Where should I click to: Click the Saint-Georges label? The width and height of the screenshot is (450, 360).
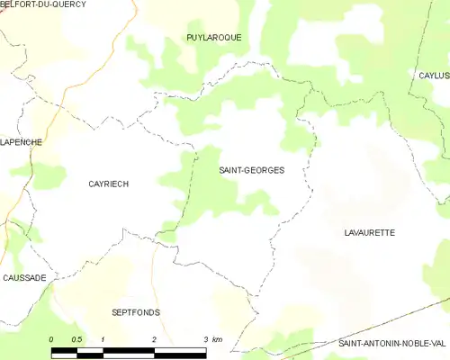coord(252,169)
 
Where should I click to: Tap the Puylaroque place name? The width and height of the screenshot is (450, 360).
coord(213,37)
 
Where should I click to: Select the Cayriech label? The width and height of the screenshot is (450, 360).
coord(108,184)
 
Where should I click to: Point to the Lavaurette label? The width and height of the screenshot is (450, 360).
coord(369,232)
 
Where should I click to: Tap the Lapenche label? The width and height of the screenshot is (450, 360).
coord(21,142)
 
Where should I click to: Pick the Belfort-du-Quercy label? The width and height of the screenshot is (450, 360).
coord(43,4)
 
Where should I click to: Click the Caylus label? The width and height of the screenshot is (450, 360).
coord(434,76)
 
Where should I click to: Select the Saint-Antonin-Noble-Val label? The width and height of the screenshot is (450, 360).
coord(391,344)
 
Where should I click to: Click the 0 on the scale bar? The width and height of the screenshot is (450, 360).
coord(51,339)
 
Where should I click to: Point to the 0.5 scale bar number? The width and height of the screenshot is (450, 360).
coord(77,339)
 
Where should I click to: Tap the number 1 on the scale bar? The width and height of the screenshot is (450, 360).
coord(103,339)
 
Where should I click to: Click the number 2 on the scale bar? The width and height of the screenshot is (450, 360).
coord(155,339)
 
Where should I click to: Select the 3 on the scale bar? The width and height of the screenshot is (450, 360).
coord(206,339)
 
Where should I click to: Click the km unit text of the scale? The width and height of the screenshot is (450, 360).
coord(218,339)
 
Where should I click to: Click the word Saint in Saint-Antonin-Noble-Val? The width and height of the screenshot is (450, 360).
coord(352,344)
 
